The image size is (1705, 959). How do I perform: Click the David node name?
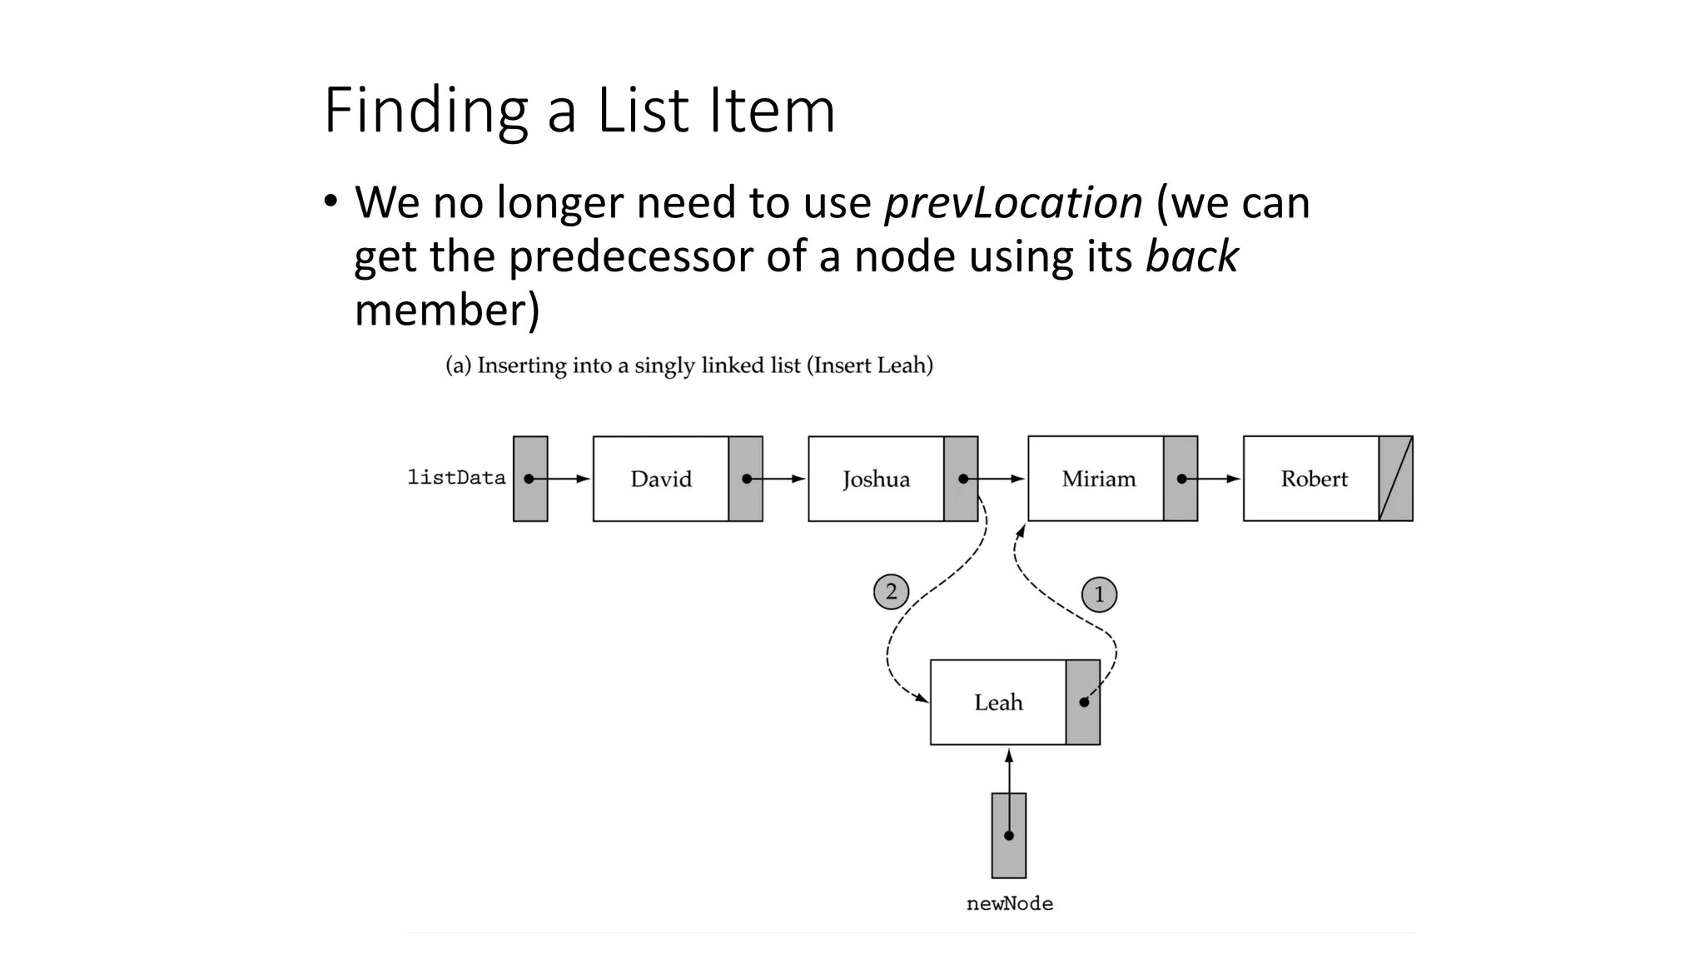click(661, 479)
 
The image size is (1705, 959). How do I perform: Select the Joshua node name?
click(876, 479)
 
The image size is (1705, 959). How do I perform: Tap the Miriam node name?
click(1098, 479)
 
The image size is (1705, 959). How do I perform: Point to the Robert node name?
click(1314, 479)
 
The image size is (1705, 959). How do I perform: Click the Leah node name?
click(998, 703)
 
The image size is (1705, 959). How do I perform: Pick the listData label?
click(456, 478)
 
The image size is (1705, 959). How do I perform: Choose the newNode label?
click(1009, 904)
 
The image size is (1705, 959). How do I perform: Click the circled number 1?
click(1099, 594)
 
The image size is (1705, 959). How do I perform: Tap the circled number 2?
click(891, 592)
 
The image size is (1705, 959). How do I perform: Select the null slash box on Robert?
click(1395, 479)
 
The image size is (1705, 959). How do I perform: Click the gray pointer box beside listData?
click(530, 479)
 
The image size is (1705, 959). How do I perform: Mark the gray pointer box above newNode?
click(1008, 835)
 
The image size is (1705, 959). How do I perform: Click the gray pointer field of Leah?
click(1082, 703)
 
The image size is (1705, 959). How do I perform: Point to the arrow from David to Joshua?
click(778, 479)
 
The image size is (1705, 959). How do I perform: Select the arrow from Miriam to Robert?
click(1212, 479)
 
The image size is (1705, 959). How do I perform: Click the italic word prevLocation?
click(1013, 202)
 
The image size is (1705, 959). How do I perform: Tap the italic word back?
click(1191, 256)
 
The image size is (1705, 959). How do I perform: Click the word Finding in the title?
click(425, 111)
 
